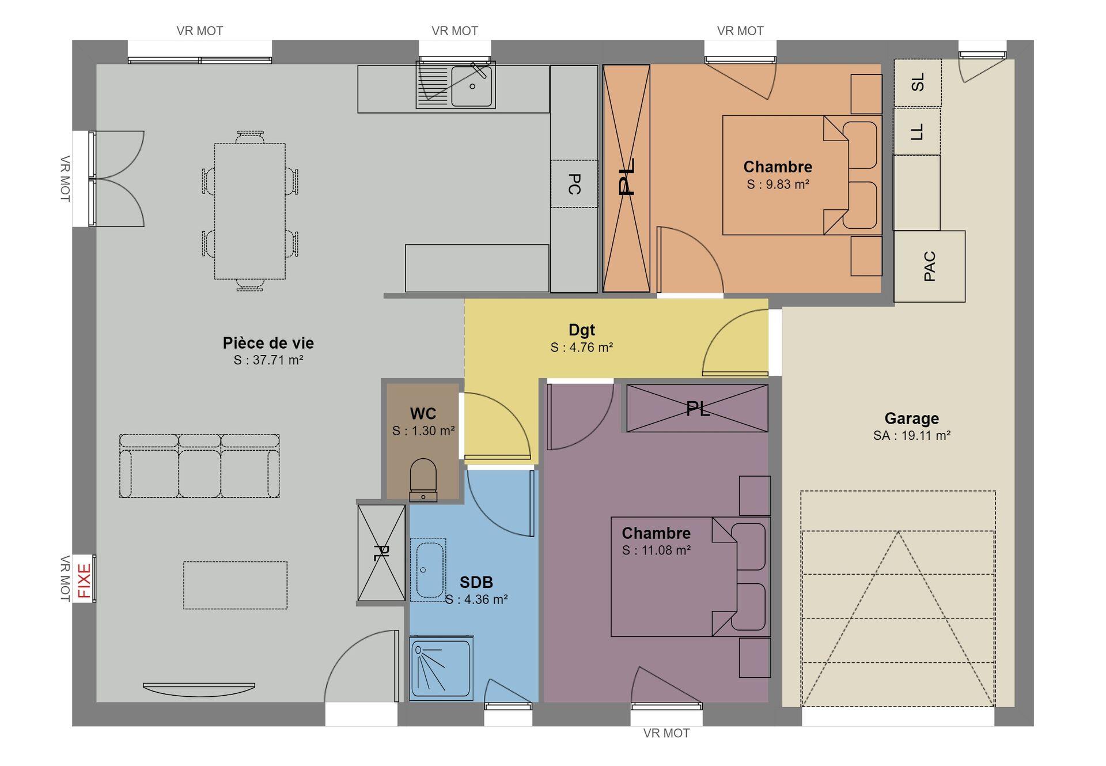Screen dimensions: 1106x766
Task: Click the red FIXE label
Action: tap(84, 581)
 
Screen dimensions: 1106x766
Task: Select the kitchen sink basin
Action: tap(472, 86)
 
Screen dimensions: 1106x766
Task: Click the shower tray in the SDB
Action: tap(441, 669)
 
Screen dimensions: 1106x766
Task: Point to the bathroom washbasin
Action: tap(428, 569)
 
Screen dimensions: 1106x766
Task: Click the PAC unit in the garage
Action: tap(929, 266)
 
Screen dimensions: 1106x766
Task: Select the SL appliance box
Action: tap(918, 82)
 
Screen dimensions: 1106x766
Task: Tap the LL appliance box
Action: tap(917, 132)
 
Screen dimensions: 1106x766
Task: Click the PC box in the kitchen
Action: tap(574, 184)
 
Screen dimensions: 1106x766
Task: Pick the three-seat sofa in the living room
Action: tap(199, 466)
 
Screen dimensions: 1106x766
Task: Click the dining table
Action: tap(250, 211)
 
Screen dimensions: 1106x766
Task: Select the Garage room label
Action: tap(912, 418)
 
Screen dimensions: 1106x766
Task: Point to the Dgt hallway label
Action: tap(582, 330)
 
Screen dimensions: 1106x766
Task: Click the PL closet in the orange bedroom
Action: tap(626, 178)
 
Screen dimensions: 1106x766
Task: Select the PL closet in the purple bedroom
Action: tap(697, 408)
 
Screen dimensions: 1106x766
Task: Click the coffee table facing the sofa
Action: tap(236, 585)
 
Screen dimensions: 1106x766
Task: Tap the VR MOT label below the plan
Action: tap(666, 733)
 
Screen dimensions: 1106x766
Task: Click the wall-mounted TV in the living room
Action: tap(199, 688)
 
